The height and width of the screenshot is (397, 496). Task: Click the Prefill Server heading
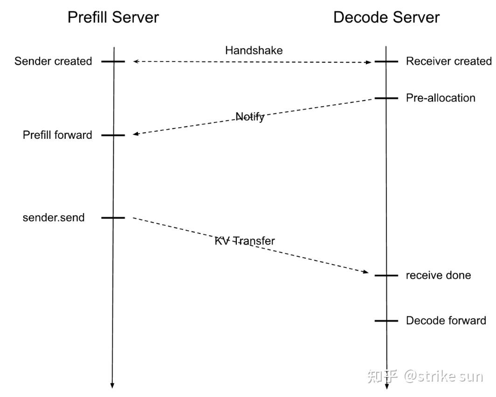(113, 17)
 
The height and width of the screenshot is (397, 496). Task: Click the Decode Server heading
(386, 17)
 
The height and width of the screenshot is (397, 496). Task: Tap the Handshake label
(254, 50)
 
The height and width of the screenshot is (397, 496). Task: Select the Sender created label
(53, 61)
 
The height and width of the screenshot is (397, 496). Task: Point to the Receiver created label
(448, 61)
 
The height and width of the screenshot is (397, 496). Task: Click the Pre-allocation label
(441, 98)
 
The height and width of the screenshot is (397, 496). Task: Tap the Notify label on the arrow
(250, 117)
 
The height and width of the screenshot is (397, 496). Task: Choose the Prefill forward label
(57, 135)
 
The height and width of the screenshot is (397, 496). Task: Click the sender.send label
(54, 218)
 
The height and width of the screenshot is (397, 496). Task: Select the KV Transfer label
(245, 241)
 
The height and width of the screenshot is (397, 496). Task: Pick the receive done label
(438, 275)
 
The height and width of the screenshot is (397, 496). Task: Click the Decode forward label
(446, 321)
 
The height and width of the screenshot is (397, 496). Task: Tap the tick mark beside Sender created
(113, 62)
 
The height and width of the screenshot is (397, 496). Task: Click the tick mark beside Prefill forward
(113, 135)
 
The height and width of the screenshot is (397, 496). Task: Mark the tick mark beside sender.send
(113, 218)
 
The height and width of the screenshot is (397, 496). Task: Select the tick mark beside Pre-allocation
(386, 98)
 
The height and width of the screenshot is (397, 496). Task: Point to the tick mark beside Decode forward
(386, 321)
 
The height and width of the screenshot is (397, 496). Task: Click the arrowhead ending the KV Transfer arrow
(366, 272)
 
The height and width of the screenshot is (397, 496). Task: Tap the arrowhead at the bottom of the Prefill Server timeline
(112, 386)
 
